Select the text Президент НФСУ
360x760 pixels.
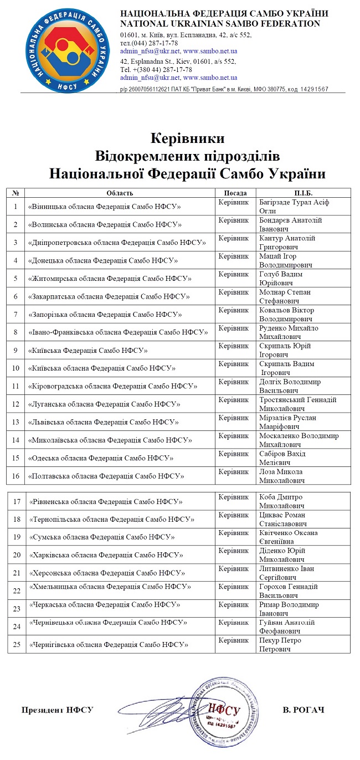(x=58, y=710)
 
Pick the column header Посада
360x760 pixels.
(x=235, y=193)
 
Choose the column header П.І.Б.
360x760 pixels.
(x=303, y=193)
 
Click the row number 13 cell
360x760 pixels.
(x=16, y=422)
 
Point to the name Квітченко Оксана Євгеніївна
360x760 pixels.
(x=289, y=537)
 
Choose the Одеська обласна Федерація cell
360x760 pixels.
(x=101, y=458)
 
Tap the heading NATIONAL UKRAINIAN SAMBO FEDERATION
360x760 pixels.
(x=220, y=23)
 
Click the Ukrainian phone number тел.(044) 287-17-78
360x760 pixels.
(x=149, y=43)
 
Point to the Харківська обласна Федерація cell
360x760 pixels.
(x=106, y=554)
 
